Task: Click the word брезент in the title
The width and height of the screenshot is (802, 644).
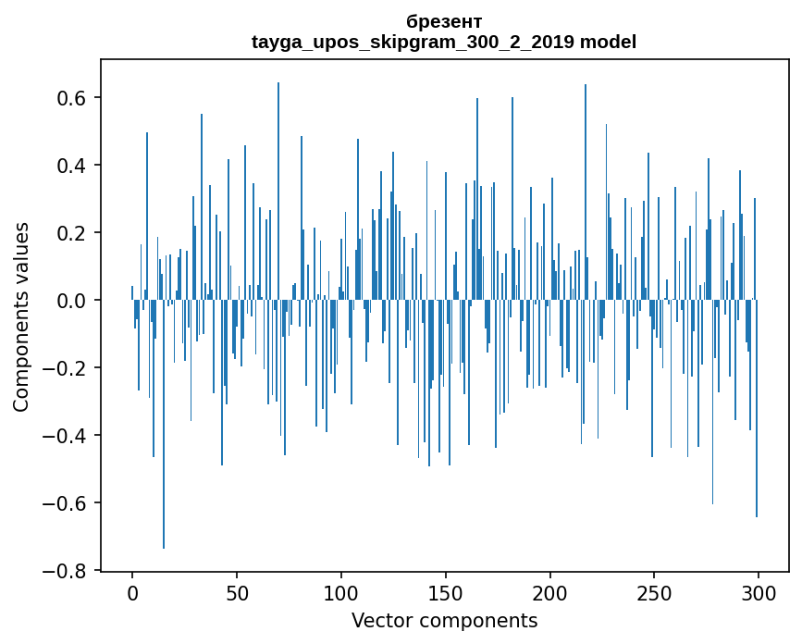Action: tap(444, 21)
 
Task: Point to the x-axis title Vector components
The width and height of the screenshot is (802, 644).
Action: tap(444, 620)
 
